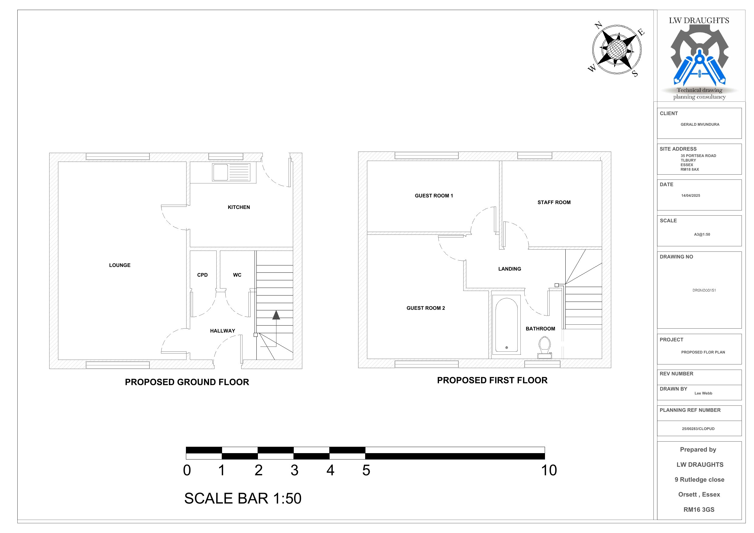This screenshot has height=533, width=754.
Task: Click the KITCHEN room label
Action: (239, 207)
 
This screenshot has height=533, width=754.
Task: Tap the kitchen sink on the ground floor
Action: (231, 172)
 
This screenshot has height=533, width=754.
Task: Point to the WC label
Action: (237, 275)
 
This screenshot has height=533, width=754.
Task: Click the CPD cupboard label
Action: (202, 275)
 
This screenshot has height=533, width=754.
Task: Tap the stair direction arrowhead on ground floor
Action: (276, 315)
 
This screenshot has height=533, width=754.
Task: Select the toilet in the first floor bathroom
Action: (544, 347)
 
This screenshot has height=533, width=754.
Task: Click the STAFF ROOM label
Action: (554, 203)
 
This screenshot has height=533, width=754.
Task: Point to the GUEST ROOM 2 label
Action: (426, 308)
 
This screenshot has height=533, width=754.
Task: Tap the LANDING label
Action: (509, 269)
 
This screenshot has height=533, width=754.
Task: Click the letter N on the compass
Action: (598, 25)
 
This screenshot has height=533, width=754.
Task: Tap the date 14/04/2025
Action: (691, 196)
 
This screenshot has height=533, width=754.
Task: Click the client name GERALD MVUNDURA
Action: (700, 125)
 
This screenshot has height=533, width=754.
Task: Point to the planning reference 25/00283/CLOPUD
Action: (698, 429)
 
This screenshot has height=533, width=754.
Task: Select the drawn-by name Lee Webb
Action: (704, 393)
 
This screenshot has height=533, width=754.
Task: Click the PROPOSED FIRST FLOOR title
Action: (492, 380)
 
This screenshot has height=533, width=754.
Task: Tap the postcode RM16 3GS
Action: (699, 510)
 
